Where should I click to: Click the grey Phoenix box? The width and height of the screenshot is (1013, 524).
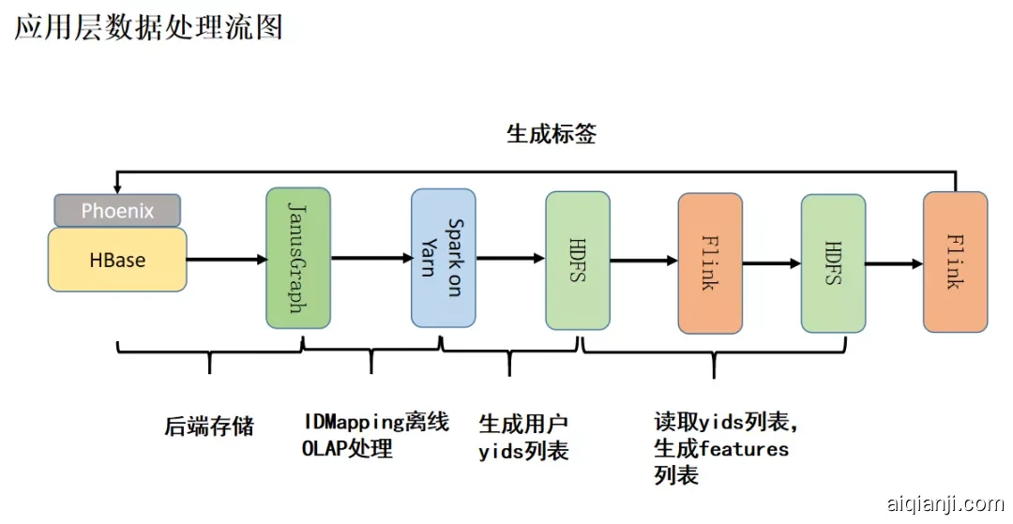[x=117, y=210]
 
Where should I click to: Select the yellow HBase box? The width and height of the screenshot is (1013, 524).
[x=117, y=260]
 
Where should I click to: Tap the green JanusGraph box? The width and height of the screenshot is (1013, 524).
[x=297, y=258]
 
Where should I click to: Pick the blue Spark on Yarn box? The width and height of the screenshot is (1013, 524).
[x=443, y=258]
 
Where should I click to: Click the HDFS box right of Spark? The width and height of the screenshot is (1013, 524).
[x=577, y=260]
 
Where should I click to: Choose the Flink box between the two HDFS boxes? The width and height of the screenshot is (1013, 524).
[x=709, y=263]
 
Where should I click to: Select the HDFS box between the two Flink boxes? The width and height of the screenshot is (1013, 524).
[x=833, y=263]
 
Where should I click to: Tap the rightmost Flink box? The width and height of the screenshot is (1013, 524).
[x=955, y=262]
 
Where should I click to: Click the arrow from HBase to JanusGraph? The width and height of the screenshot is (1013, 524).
[x=226, y=259]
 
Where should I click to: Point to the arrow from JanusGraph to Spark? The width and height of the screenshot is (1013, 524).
[x=370, y=258]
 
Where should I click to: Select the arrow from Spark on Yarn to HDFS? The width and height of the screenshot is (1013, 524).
[x=510, y=258]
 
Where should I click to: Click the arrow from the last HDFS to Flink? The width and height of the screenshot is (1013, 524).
[x=894, y=264]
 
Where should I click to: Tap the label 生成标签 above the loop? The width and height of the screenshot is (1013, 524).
[x=552, y=134]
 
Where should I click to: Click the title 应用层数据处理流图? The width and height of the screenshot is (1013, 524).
[x=148, y=27]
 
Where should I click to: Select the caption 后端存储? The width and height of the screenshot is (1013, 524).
[x=209, y=427]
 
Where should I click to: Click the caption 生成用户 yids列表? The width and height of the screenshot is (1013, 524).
[x=523, y=438]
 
